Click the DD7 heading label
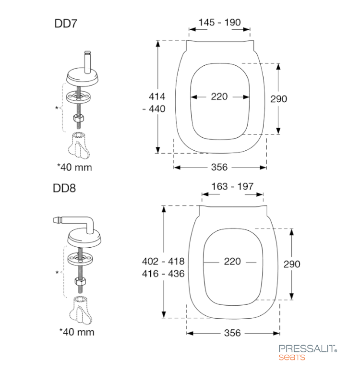(x=66, y=24)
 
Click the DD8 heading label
(x=64, y=188)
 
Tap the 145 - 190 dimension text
(x=219, y=23)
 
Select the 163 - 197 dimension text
(x=232, y=187)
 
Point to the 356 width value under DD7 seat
(x=219, y=167)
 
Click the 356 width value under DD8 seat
(x=232, y=333)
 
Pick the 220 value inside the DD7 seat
(x=219, y=97)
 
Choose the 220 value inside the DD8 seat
(x=232, y=262)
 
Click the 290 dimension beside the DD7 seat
(x=279, y=99)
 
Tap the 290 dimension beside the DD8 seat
(x=292, y=264)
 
